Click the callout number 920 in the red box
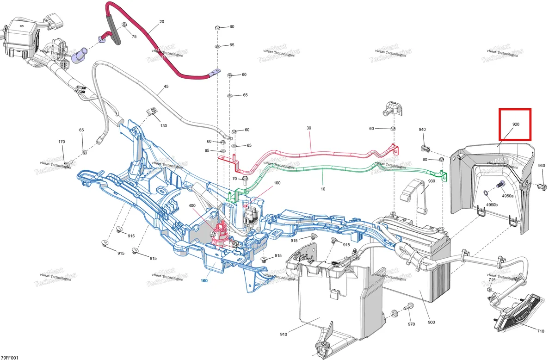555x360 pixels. [x=516, y=124]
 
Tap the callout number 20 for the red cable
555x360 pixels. [x=162, y=22]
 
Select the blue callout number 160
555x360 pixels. [x=204, y=281]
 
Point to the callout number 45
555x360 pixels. [x=166, y=86]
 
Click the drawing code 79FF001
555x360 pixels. [x=9, y=358]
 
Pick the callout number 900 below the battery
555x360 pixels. [x=432, y=323]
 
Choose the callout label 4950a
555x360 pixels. [x=508, y=196]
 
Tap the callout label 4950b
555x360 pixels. [x=492, y=205]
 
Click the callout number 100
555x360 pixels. [x=277, y=183]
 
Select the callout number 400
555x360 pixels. [x=192, y=205]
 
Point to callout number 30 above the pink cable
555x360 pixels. [x=309, y=128]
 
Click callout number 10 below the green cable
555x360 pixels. [x=323, y=189]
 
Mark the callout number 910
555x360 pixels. [x=284, y=334]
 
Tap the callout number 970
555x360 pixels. [x=411, y=324]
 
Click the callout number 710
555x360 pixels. [x=541, y=331]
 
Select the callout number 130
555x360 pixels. [x=164, y=126]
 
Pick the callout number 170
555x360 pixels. [x=62, y=142]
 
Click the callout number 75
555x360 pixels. [x=134, y=37]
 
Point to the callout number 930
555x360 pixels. [x=432, y=181]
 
